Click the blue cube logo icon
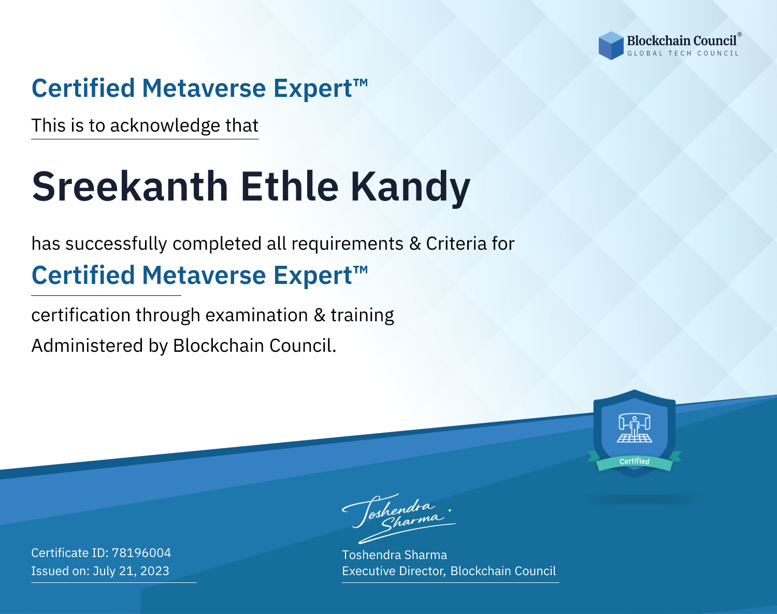point(611,46)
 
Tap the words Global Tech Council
point(683,53)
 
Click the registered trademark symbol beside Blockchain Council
point(740,35)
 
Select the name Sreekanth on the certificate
point(130,186)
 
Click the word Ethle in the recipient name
point(290,186)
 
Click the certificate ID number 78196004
point(141,552)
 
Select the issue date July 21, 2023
point(131,570)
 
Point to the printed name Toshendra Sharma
point(394,555)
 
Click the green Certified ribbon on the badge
point(635,462)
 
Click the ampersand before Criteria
point(415,244)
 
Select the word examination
point(256,315)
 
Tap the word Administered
point(87,345)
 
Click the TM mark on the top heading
point(361,83)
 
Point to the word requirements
point(347,244)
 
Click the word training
point(362,316)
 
